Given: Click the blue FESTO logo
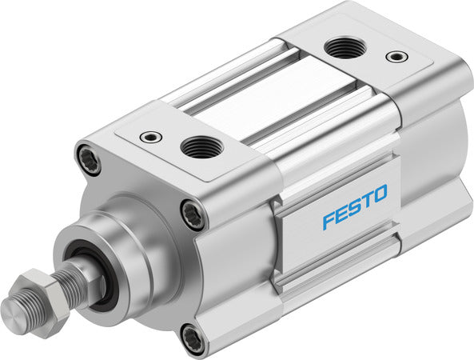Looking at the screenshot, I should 355,206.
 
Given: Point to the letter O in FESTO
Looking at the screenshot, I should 380,194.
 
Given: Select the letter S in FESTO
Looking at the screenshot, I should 355,207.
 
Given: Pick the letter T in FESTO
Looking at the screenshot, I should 368,200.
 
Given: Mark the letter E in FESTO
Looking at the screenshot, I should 341,214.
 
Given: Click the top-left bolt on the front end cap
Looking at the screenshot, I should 89,158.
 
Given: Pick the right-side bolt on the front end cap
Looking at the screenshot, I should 194,215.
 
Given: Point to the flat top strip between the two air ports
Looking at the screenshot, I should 264,96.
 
